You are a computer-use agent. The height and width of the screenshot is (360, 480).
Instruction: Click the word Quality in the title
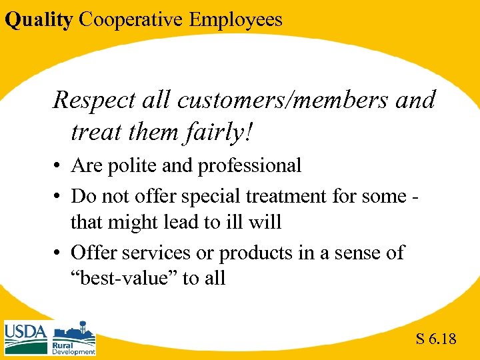coord(38,19)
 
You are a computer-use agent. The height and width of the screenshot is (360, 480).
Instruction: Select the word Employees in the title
coord(235,19)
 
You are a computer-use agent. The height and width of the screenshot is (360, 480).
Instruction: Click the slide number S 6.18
coord(436,339)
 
